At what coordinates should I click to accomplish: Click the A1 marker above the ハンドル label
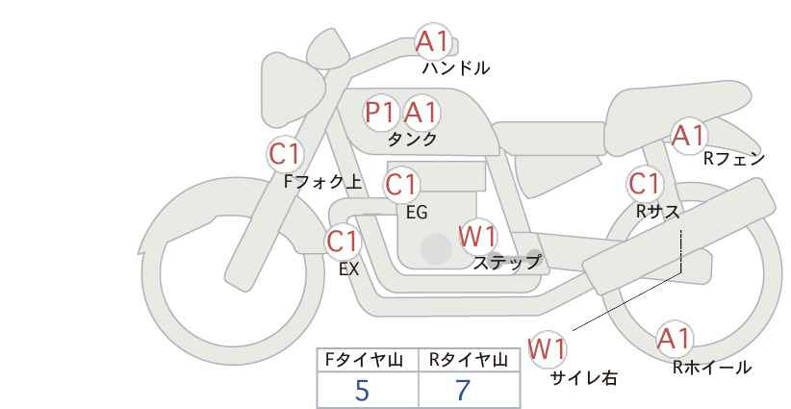[x=432, y=41]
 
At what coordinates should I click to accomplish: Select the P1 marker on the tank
[x=380, y=113]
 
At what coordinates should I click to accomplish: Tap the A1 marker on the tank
[x=421, y=112]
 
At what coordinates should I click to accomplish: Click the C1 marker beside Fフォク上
[x=285, y=154]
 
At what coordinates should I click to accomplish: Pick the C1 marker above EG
[x=401, y=185]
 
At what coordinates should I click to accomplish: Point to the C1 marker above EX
[x=343, y=241]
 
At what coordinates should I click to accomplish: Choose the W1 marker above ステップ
[x=477, y=236]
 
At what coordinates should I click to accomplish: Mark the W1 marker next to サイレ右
[x=548, y=348]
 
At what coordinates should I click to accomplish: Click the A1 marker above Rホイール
[x=674, y=339]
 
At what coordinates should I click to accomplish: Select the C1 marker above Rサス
[x=645, y=184]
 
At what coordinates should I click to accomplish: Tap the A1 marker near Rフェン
[x=688, y=135]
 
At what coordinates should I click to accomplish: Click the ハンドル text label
[x=456, y=67]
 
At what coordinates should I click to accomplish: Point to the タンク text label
[x=412, y=139]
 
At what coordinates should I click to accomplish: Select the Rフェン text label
[x=734, y=159]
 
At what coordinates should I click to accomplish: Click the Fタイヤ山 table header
[x=364, y=360]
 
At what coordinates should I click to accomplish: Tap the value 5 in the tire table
[x=362, y=390]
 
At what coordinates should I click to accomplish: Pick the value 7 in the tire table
[x=463, y=390]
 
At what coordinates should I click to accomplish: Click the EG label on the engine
[x=418, y=213]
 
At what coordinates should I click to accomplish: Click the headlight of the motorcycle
[x=293, y=89]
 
